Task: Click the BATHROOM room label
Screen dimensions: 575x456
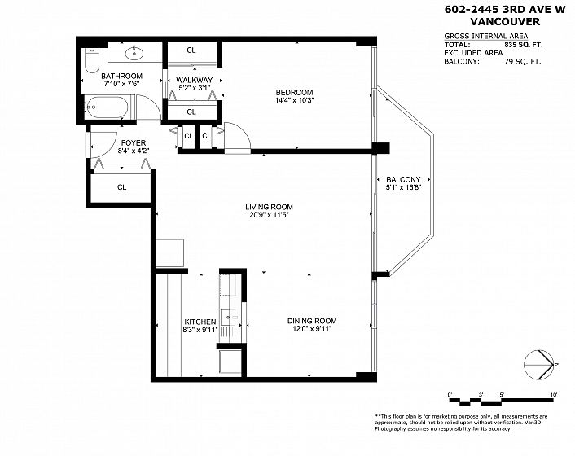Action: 121,76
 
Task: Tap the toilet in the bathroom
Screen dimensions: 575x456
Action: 91,60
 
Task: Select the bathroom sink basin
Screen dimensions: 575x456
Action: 135,54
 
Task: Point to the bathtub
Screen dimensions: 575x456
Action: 107,107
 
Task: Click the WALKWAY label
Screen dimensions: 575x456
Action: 194,80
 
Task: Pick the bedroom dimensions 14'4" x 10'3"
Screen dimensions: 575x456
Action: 295,100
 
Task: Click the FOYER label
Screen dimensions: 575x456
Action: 134,142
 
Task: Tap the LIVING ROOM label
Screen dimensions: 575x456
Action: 269,207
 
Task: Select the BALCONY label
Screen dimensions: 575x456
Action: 403,180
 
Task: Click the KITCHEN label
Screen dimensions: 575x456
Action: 200,322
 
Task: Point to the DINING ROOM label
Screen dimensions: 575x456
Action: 312,321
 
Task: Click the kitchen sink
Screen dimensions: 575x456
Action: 230,317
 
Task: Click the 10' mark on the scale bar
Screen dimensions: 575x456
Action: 554,395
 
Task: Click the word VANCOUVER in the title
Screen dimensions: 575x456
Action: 505,22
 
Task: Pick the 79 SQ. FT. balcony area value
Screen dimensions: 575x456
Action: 523,62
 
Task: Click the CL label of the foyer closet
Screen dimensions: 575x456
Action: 121,187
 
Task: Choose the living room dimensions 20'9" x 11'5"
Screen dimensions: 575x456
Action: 269,215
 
